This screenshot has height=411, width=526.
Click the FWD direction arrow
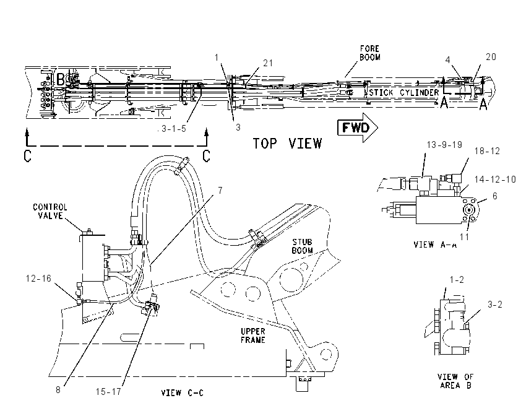tap(358, 128)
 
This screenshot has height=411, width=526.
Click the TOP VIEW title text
tap(287, 144)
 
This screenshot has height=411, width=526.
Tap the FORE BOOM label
tap(369, 53)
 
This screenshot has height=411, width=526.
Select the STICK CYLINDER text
tap(404, 92)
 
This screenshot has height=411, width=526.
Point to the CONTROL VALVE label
tap(50, 211)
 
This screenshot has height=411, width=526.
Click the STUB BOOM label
tap(302, 246)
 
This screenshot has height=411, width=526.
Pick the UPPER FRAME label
tap(253, 335)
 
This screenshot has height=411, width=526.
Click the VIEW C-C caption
tap(182, 393)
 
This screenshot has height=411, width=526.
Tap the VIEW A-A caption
tap(435, 244)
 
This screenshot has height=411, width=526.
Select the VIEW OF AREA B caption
tap(455, 381)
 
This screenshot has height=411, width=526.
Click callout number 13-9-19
tap(444, 145)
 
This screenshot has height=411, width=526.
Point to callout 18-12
tap(487, 151)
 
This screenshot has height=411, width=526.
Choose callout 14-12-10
tap(495, 180)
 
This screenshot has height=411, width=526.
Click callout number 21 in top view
tap(268, 63)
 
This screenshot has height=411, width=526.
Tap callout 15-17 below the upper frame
tap(108, 392)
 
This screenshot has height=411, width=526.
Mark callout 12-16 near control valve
tap(38, 279)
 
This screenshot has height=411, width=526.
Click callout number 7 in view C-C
tap(220, 191)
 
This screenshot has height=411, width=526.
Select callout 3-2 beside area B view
tap(495, 305)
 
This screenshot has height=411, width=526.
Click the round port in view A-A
tap(468, 210)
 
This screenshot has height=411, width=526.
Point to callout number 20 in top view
tap(491, 57)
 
